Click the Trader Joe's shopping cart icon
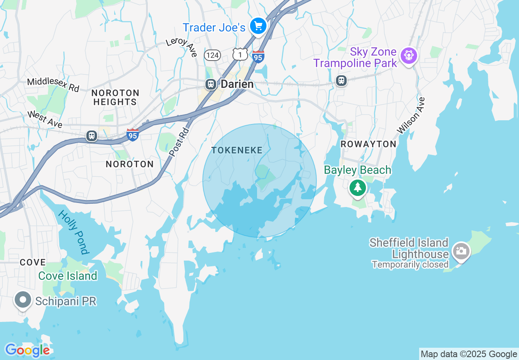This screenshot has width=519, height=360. (x=258, y=27)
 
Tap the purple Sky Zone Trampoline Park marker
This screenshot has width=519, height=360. (x=408, y=55)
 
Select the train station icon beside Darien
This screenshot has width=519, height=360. (x=211, y=84)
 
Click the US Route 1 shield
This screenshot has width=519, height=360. (x=240, y=54)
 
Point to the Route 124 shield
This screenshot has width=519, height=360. (x=212, y=55)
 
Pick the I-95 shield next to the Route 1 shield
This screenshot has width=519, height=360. (x=258, y=56)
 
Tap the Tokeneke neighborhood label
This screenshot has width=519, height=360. (x=237, y=151)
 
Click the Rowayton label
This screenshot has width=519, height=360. (x=368, y=144)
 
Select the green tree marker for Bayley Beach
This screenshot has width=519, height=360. (x=358, y=188)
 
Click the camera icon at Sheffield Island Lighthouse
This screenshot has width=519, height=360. (x=461, y=250)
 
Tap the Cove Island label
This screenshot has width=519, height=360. (x=68, y=276)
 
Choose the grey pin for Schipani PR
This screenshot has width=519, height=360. (x=23, y=300)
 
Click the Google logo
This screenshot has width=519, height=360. (x=27, y=350)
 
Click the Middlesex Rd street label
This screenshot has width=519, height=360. (x=53, y=85)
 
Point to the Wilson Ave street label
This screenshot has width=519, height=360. (x=411, y=115)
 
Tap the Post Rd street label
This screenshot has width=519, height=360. (x=179, y=142)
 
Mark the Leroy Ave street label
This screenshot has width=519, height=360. (x=182, y=47)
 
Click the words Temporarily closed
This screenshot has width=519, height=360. (x=410, y=265)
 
